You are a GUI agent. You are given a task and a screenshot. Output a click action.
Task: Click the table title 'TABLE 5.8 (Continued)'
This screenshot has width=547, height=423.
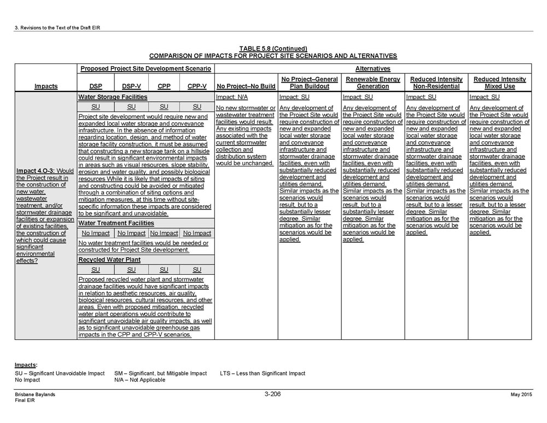(273, 49)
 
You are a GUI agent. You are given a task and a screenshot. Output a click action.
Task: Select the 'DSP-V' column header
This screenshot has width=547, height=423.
(131, 86)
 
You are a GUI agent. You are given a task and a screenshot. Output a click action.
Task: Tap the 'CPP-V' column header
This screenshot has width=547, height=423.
(197, 86)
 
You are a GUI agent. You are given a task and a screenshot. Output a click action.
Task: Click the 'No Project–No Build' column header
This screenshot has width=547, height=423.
(246, 86)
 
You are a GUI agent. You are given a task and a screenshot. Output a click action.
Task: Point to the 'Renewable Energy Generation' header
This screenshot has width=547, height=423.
(373, 83)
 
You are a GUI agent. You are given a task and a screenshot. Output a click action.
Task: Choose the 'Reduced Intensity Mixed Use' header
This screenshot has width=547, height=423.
(499, 83)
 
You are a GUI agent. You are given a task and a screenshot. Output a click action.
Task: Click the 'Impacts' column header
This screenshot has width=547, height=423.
(45, 86)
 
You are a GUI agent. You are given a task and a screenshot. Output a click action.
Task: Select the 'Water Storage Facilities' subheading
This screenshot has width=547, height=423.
(113, 97)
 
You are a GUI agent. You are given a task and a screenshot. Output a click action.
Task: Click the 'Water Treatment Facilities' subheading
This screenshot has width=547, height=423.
(116, 223)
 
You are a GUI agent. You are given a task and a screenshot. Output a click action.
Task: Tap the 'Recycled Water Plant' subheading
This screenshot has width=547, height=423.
(109, 260)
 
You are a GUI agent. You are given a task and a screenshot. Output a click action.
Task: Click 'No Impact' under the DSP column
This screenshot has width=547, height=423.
(95, 233)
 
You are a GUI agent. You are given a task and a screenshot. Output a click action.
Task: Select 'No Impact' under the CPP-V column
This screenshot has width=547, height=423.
(197, 233)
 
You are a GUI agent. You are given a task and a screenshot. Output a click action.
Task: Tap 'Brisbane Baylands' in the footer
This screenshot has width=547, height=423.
(35, 395)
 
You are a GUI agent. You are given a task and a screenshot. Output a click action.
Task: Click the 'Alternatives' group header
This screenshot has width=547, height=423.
(373, 69)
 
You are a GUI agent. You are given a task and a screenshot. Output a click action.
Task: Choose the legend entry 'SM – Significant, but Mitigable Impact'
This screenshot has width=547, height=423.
(160, 373)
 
